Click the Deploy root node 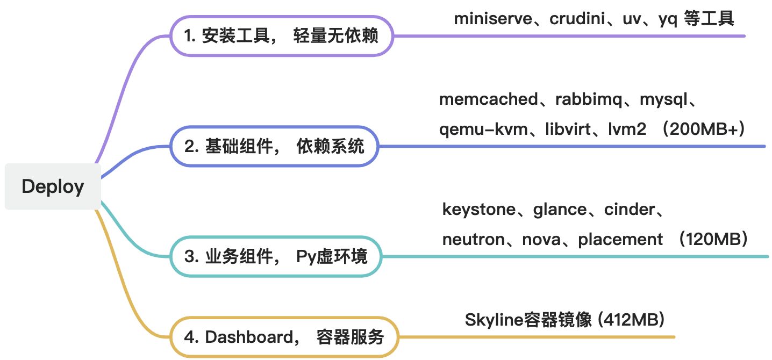(53, 186)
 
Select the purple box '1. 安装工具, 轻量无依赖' (281, 36)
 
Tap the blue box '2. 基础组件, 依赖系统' (274, 146)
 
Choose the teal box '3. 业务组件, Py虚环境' (276, 257)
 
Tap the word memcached (488, 99)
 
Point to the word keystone (478, 210)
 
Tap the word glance (560, 210)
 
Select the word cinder (629, 210)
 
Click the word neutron (475, 240)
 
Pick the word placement (620, 240)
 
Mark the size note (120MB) (713, 240)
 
